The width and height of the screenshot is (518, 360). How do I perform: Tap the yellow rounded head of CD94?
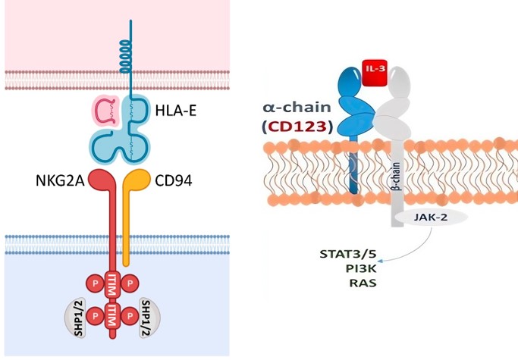[x=137, y=183]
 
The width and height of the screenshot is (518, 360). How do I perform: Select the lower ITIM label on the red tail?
[x=115, y=318]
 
